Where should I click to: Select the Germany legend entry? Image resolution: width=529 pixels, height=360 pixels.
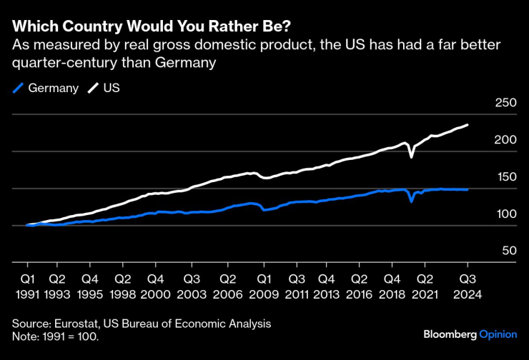tap(47, 89)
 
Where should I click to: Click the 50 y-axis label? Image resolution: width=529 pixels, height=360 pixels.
tap(509, 251)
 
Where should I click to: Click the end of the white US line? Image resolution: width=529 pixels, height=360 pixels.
tap(468, 125)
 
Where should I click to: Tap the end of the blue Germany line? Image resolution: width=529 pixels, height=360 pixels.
tap(468, 189)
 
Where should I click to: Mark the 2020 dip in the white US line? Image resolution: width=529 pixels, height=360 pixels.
tap(411, 156)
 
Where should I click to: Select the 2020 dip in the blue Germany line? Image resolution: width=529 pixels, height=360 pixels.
tap(411, 201)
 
